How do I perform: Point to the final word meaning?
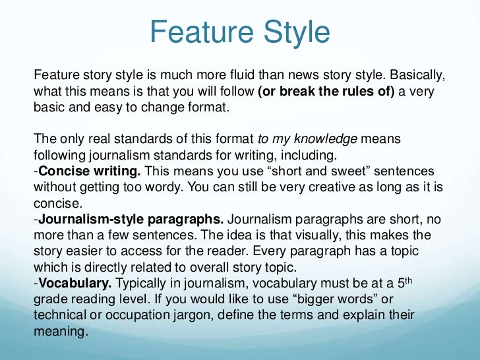click(60, 331)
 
